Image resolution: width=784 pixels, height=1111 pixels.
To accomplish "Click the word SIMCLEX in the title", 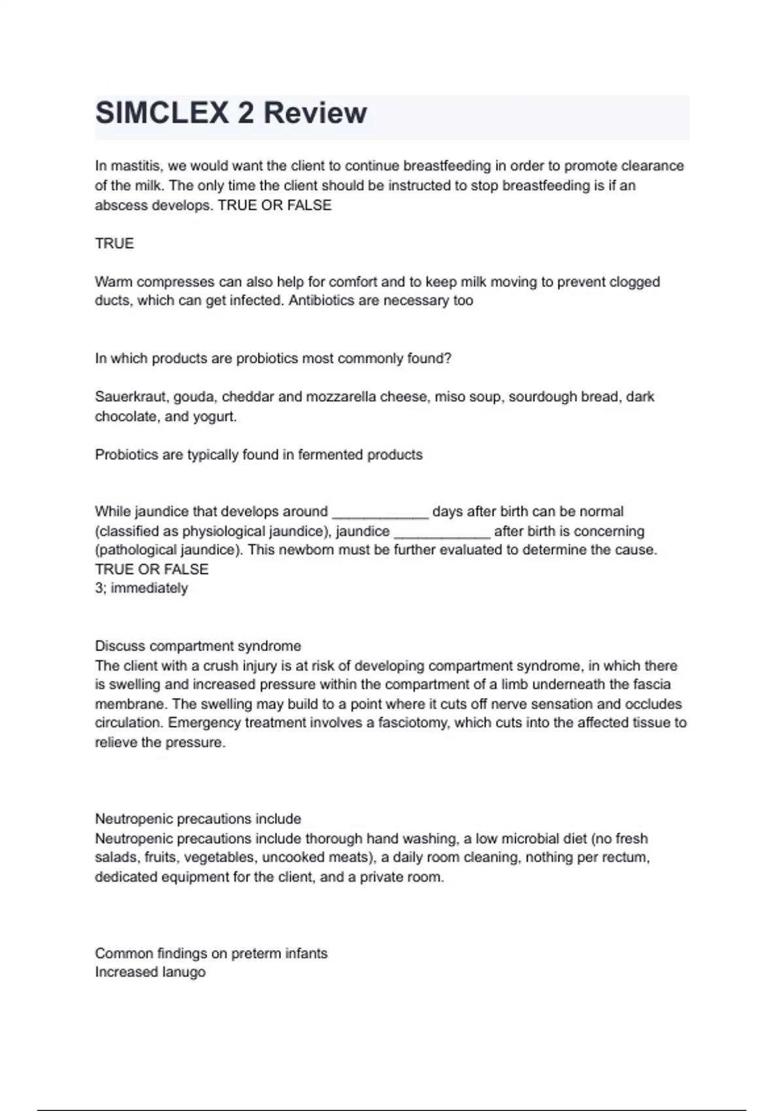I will tap(161, 113).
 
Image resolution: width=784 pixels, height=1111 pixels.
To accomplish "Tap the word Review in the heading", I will tap(315, 113).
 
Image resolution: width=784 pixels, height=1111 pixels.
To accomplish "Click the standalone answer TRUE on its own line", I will tap(114, 244).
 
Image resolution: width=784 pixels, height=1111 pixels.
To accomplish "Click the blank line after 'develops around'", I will tap(380, 512).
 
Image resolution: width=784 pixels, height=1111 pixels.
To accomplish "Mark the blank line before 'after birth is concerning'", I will tap(442, 532).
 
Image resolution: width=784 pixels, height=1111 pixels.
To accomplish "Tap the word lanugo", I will tap(184, 972).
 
